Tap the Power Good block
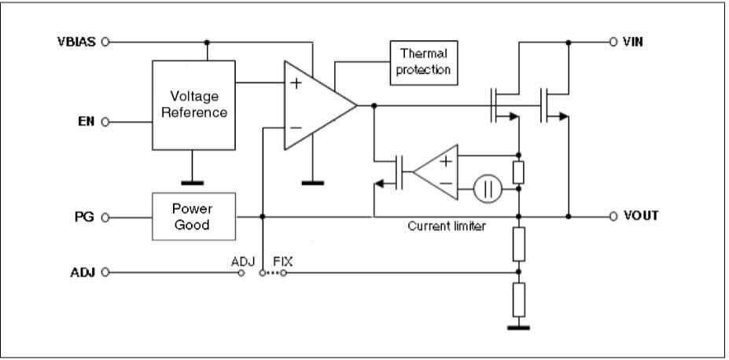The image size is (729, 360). tap(192, 216)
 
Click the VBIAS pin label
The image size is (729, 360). tap(76, 42)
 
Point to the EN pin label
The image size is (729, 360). tap(87, 122)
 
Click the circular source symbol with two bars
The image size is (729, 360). tap(488, 189)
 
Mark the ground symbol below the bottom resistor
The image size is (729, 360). tap(518, 327)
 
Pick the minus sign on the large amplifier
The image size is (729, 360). tap(296, 127)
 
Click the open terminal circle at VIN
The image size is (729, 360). tap(613, 42)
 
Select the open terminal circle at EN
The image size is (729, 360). tap(105, 122)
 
